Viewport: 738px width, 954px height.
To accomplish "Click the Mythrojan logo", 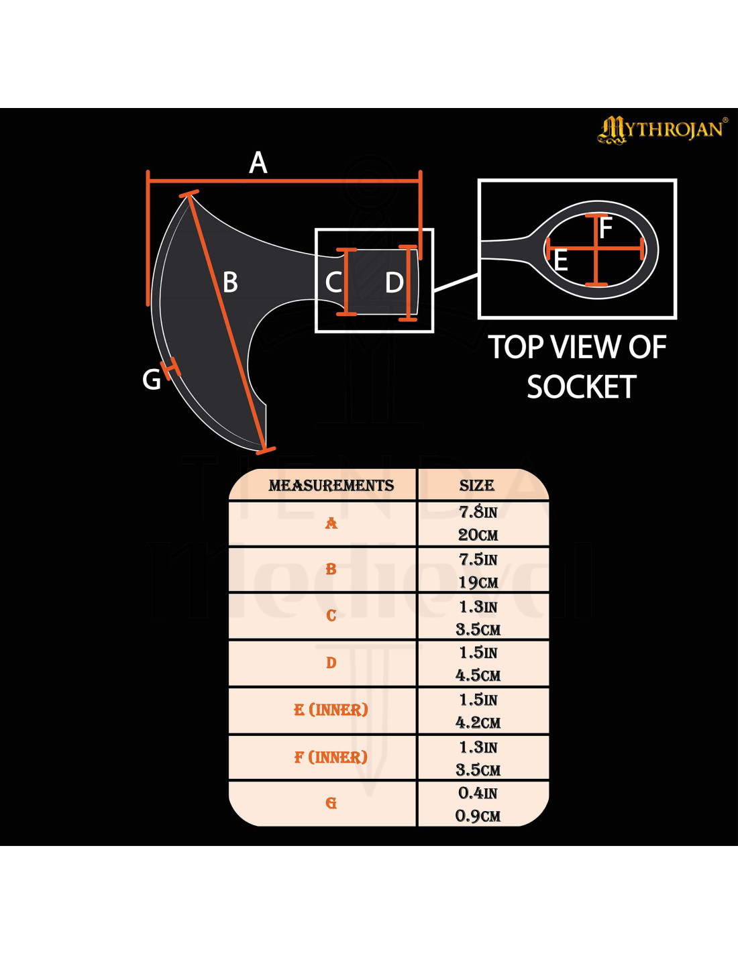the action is pyautogui.click(x=663, y=130).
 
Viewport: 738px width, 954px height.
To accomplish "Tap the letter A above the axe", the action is pyautogui.click(x=258, y=163).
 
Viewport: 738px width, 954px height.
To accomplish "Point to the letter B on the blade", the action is pyautogui.click(x=231, y=282).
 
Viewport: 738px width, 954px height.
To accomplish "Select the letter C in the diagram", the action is pyautogui.click(x=333, y=282).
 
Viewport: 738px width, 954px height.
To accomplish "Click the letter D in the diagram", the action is pyautogui.click(x=394, y=282).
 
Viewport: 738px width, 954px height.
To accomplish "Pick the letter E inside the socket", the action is pyautogui.click(x=561, y=261).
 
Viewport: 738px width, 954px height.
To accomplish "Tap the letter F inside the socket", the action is pyautogui.click(x=606, y=228).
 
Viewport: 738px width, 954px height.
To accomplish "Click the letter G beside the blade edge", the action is pyautogui.click(x=152, y=379).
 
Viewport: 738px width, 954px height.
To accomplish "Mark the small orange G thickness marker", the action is pyautogui.click(x=171, y=368).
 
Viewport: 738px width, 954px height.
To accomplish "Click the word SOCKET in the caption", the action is pyautogui.click(x=581, y=387).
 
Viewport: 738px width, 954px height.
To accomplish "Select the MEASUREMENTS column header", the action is pyautogui.click(x=331, y=486).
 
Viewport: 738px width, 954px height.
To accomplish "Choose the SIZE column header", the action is pyautogui.click(x=477, y=486).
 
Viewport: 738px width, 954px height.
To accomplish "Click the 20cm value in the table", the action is pyautogui.click(x=478, y=535).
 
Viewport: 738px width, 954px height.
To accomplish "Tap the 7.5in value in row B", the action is pyautogui.click(x=478, y=560).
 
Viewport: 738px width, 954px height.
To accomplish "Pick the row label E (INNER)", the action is pyautogui.click(x=331, y=710).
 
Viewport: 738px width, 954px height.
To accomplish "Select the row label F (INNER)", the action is pyautogui.click(x=331, y=757).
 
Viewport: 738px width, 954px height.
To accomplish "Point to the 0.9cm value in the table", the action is pyautogui.click(x=478, y=816).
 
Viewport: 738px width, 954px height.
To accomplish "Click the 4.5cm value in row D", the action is pyautogui.click(x=478, y=675).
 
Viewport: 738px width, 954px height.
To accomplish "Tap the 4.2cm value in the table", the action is pyautogui.click(x=478, y=723).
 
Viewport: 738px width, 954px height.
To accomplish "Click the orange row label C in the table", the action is pyautogui.click(x=331, y=615).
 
